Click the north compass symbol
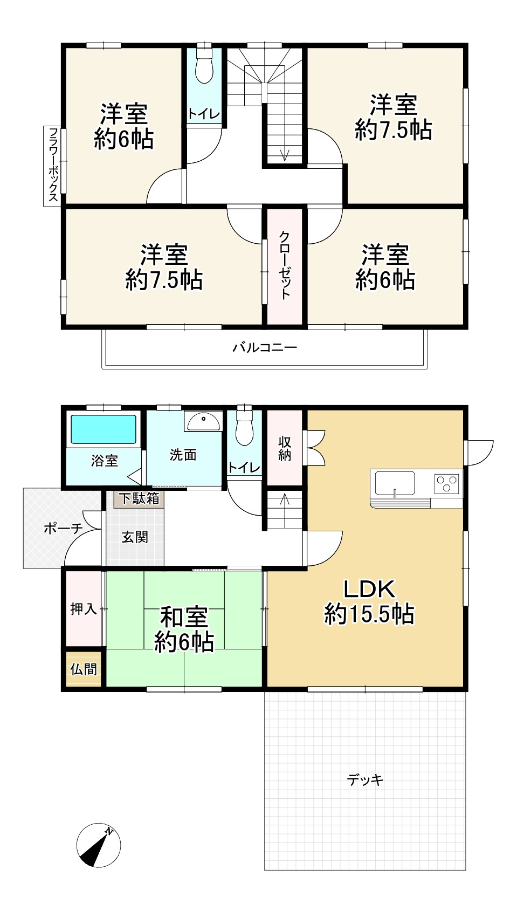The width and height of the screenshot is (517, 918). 98,845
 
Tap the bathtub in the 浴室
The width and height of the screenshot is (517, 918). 104,429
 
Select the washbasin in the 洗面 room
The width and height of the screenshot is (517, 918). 203,421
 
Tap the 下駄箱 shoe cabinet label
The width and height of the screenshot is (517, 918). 139,498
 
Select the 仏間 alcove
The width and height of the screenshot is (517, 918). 84,669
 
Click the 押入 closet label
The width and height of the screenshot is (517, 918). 84,609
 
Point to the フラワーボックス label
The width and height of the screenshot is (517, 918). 53,165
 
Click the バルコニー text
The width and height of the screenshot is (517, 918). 265,347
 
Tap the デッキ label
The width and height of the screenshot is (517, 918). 365,779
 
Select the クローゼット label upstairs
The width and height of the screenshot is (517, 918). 285,265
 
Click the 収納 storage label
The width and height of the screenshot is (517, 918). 285,448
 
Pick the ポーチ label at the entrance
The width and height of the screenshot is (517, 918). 63,528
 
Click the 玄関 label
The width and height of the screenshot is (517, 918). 134,537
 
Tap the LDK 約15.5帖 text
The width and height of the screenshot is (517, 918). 369,602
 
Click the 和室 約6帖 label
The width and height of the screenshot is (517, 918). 184,629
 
